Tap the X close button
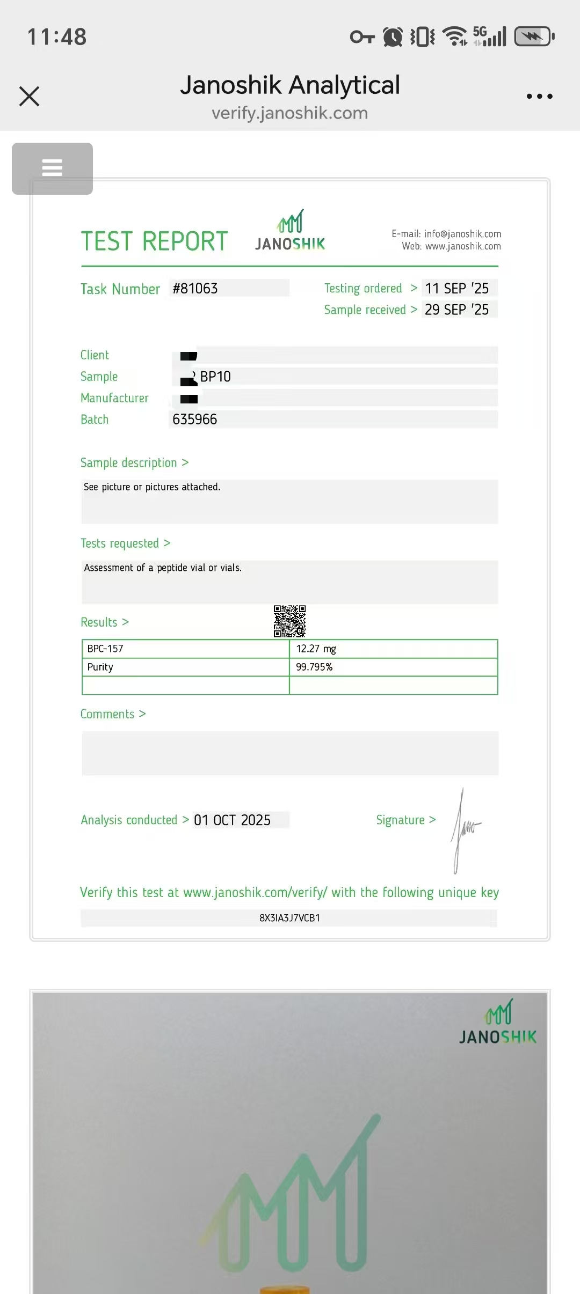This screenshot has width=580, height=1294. [x=30, y=97]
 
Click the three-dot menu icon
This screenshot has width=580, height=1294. [x=539, y=97]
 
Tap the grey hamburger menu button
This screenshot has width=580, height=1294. [x=52, y=168]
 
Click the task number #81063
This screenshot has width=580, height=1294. [x=195, y=289]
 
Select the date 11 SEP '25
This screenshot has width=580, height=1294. [x=457, y=289]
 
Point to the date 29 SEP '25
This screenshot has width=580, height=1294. [x=457, y=310]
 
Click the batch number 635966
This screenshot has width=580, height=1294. [x=195, y=420]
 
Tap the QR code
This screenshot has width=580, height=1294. [x=289, y=621]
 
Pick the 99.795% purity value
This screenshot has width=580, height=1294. [x=315, y=667]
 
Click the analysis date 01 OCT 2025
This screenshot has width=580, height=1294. [x=233, y=820]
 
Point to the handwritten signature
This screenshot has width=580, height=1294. [x=465, y=829]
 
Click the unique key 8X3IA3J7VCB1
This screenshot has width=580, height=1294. [x=289, y=918]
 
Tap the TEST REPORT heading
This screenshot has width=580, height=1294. [x=155, y=241]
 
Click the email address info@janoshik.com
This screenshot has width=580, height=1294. [x=462, y=234]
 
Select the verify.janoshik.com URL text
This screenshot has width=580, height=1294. [x=289, y=113]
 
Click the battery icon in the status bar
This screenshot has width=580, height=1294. [x=534, y=37]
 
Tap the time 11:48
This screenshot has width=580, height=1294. [x=57, y=37]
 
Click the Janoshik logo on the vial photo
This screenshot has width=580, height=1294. [x=498, y=1023]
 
